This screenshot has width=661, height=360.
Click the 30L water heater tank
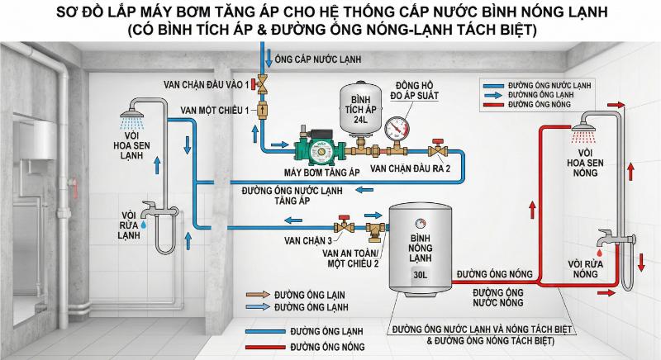click(421, 247)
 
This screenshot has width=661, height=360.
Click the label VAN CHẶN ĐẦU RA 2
click(411, 168)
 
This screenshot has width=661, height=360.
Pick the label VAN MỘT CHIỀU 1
click(212, 111)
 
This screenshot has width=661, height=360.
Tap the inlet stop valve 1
click(264, 83)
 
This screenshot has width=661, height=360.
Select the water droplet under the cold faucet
click(142, 223)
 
